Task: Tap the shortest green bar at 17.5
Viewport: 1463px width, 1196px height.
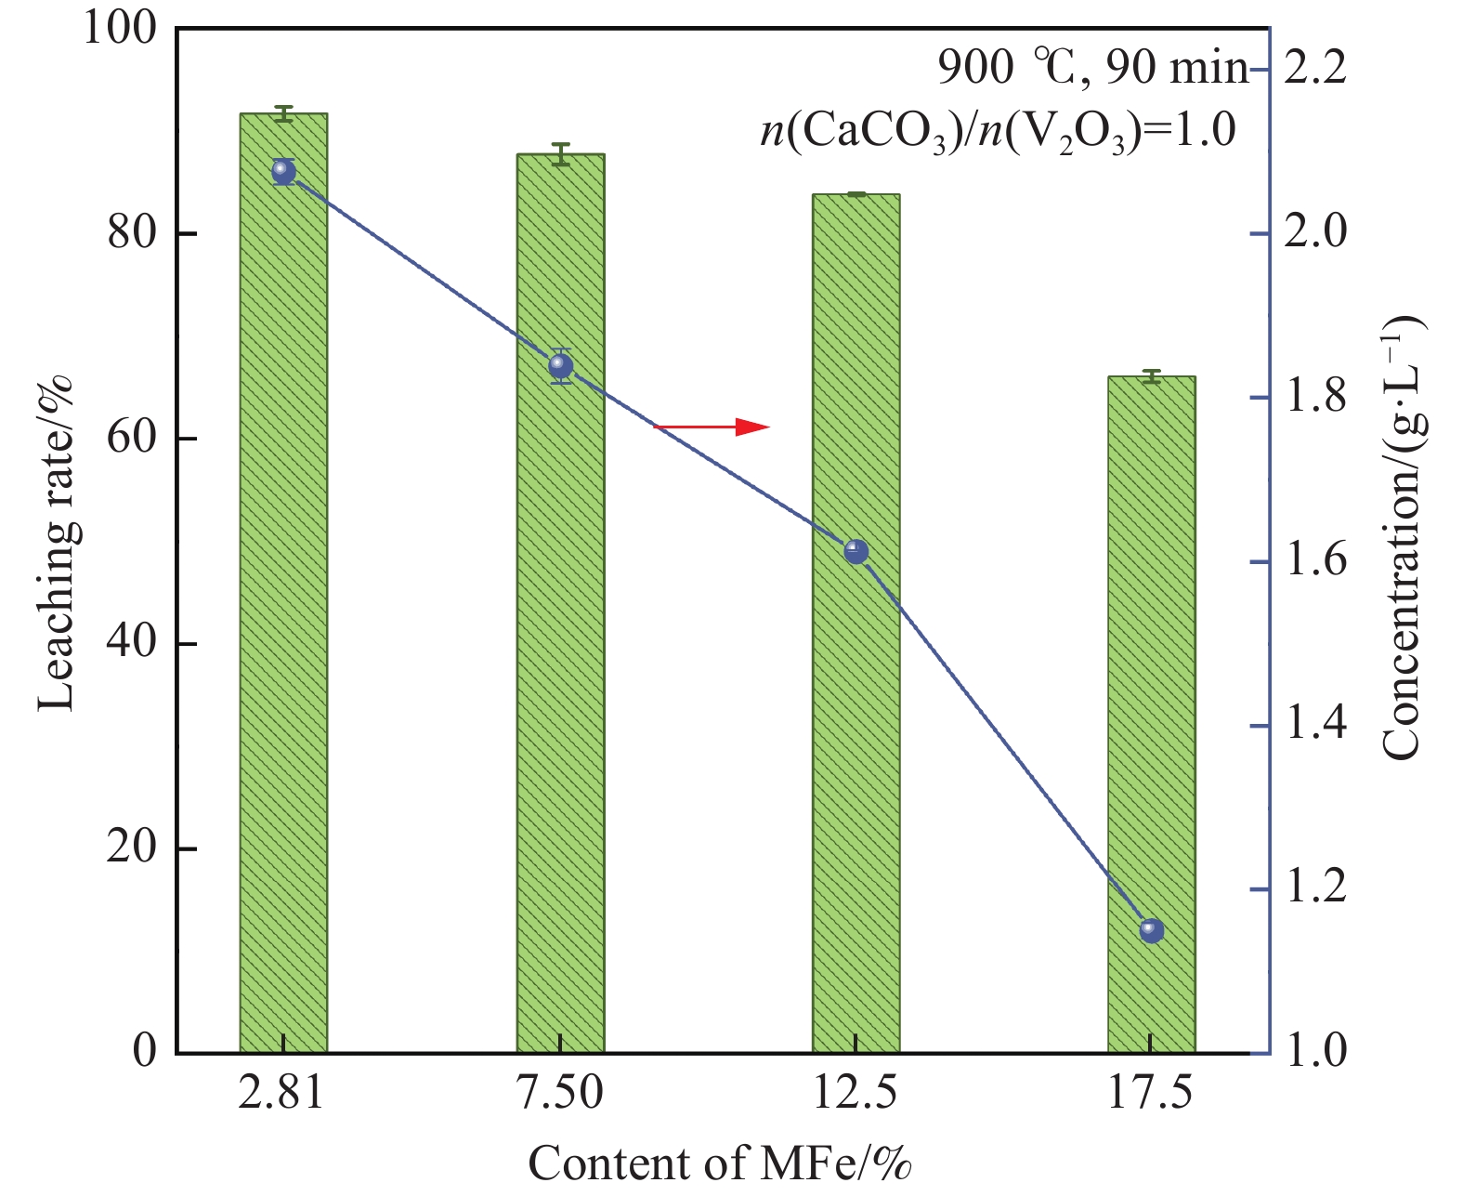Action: point(1151,716)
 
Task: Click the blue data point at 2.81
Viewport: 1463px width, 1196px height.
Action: point(284,171)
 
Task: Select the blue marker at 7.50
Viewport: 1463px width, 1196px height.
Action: point(561,367)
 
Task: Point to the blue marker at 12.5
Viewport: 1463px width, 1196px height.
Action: point(856,552)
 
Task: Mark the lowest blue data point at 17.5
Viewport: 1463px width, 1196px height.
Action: point(1152,930)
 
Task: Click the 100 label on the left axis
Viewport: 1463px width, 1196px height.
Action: point(119,28)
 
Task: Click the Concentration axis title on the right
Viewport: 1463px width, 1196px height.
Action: point(1403,539)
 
